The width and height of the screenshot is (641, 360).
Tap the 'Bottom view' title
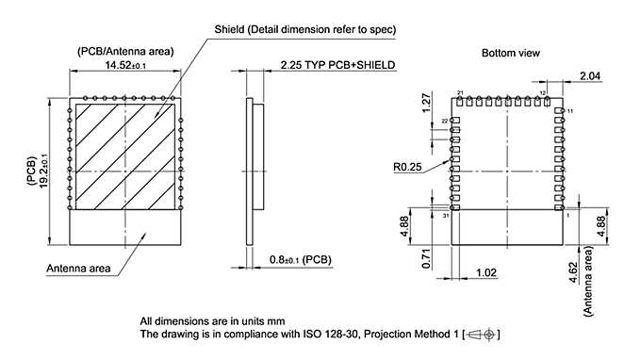click(x=510, y=53)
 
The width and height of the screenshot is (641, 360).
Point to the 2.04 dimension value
click(x=589, y=75)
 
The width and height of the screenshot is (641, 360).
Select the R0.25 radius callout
click(x=407, y=167)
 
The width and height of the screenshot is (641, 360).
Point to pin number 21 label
click(x=460, y=93)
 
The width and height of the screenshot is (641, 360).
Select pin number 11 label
click(x=570, y=111)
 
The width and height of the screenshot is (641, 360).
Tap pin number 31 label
click(x=445, y=216)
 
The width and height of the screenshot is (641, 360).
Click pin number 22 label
click(x=445, y=122)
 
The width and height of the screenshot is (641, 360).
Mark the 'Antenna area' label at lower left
click(x=78, y=269)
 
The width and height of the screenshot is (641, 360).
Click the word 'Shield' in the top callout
click(x=231, y=29)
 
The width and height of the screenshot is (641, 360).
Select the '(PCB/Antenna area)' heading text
click(x=123, y=50)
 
